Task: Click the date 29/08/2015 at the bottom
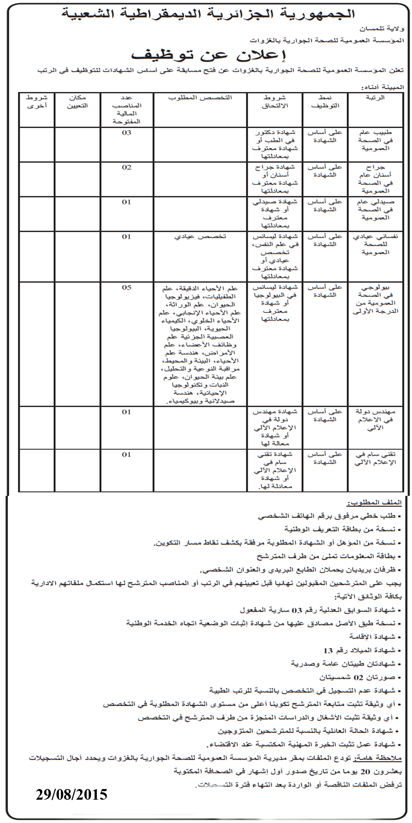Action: [x=71, y=794]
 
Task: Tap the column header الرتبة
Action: [x=376, y=97]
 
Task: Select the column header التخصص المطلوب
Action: [x=200, y=98]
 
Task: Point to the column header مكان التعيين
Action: [x=77, y=102]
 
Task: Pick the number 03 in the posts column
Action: [x=126, y=133]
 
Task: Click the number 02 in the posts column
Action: [x=126, y=167]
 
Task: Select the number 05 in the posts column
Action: [x=126, y=287]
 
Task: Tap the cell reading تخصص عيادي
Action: [x=200, y=237]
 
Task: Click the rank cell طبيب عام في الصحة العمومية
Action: [x=375, y=140]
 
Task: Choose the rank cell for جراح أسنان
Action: [x=375, y=179]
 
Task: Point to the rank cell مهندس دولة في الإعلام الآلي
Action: [x=375, y=419]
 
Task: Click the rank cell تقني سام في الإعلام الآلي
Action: [x=375, y=458]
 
